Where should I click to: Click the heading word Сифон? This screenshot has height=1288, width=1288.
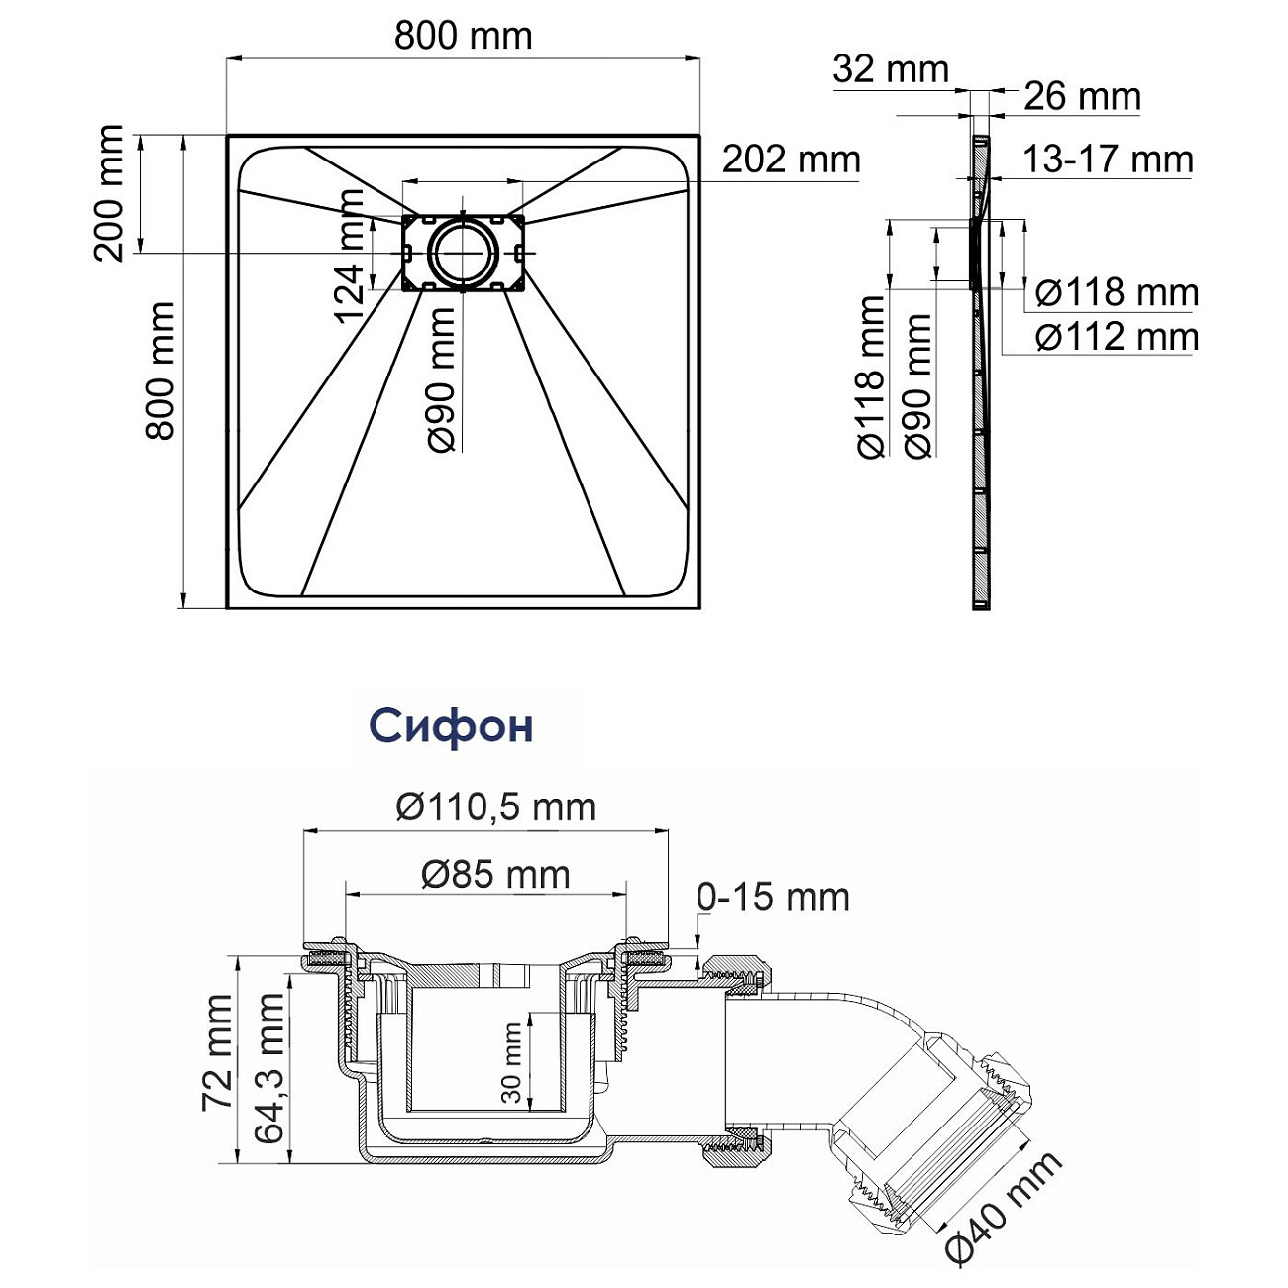click(451, 727)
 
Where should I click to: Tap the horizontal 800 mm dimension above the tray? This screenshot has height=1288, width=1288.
click(463, 36)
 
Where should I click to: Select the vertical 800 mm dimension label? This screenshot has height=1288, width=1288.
click(160, 371)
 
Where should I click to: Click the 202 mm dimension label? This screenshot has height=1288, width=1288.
click(791, 159)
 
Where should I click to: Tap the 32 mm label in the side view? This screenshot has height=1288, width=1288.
click(890, 69)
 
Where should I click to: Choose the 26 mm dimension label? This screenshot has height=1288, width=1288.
click(1082, 97)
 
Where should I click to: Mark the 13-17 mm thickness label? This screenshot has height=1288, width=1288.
click(1107, 160)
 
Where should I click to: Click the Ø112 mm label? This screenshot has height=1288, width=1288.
click(1117, 337)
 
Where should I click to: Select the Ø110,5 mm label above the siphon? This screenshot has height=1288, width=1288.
click(495, 807)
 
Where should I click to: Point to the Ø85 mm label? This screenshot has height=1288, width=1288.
click(495, 875)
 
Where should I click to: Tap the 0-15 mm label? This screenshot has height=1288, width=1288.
click(773, 897)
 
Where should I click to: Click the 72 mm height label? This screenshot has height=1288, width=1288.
click(217, 1052)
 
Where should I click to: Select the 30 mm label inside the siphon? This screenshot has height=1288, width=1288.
click(511, 1063)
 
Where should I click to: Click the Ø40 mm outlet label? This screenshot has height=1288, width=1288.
click(1003, 1207)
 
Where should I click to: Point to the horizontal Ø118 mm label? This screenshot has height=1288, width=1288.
click(1117, 293)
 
